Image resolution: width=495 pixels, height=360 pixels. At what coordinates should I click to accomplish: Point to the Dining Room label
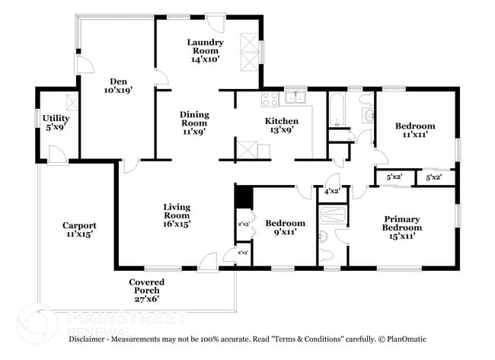coord(194,123)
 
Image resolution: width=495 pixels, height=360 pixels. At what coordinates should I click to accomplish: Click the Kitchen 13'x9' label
coord(281,126)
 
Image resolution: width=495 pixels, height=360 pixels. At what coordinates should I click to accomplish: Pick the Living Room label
coord(177,215)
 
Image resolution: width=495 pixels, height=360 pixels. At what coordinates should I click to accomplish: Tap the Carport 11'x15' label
coord(79,231)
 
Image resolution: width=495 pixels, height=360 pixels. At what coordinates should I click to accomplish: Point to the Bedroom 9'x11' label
coord(289,228)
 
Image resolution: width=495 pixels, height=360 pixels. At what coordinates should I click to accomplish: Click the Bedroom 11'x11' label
coord(414,130)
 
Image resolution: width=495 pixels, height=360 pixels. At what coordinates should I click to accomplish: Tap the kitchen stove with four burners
coord(270,98)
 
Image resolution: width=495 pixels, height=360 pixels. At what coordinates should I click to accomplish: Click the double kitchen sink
coord(295,97)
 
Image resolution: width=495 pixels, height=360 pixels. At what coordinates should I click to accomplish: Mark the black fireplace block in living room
coord(243,197)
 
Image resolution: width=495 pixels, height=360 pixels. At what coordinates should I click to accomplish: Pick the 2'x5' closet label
coord(244,225)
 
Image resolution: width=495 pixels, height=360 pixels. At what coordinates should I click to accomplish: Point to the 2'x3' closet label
coord(243,252)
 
